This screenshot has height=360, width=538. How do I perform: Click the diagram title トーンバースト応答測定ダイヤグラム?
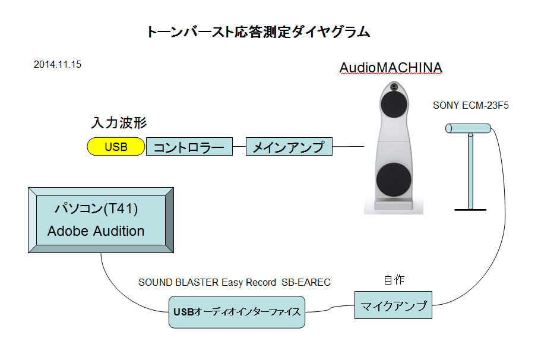[258, 32]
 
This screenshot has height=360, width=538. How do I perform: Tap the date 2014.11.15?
[58, 65]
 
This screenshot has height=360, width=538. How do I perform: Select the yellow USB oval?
[116, 147]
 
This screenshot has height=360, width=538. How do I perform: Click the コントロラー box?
[189, 147]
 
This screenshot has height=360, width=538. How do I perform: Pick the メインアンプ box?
[289, 147]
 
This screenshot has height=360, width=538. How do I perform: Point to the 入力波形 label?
[119, 123]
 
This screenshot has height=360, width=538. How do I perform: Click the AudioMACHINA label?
[390, 68]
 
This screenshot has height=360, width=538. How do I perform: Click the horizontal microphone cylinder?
[469, 128]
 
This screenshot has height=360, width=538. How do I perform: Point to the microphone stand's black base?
[470, 210]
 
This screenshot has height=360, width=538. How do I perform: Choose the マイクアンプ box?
[393, 307]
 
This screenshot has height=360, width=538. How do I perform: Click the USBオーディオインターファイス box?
[237, 312]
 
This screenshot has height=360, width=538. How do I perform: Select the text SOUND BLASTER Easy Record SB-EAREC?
[234, 283]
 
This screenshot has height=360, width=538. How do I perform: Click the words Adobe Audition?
[96, 231]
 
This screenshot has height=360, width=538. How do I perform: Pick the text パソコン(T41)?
[96, 209]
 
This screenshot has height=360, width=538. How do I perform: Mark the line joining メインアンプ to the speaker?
[347, 146]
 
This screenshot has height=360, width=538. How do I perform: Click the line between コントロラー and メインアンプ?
[239, 146]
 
